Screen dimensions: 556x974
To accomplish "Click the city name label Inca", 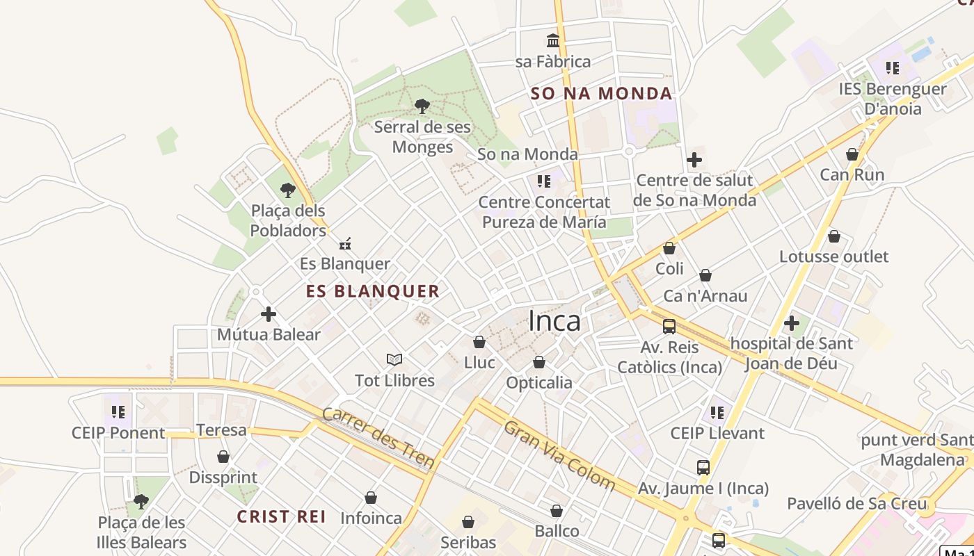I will tap(554, 321).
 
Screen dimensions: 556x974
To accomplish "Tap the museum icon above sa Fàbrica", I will tap(553, 40).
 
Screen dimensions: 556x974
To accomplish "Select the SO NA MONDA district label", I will tap(601, 94).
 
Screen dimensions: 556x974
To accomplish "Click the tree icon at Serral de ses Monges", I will tap(422, 106).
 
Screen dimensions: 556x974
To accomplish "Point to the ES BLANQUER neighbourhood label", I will tap(373, 291).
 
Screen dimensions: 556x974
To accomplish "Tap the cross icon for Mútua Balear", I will tap(269, 314).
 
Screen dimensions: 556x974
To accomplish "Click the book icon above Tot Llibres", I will tap(394, 360).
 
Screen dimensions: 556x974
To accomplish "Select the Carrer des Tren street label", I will tap(379, 438).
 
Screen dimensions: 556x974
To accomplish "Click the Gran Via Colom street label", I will tap(559, 455).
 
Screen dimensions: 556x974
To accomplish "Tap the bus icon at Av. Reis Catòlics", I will tap(669, 326).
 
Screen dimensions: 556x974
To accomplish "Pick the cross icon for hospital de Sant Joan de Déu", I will tap(791, 323).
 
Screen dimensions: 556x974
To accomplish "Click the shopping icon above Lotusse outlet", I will tap(833, 237).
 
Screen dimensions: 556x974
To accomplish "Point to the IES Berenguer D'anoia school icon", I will tap(893, 68).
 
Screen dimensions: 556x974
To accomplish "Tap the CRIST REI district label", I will tap(282, 517).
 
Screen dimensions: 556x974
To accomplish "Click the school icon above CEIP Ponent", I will tap(118, 412).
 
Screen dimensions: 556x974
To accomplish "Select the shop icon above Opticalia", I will tap(539, 363).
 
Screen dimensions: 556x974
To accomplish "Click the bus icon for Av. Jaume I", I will tap(703, 468).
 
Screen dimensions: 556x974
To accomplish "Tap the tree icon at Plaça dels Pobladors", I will tap(288, 190).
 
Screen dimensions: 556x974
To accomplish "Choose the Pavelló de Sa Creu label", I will tap(857, 504).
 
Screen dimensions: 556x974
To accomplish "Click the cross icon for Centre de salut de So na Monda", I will tap(694, 160).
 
